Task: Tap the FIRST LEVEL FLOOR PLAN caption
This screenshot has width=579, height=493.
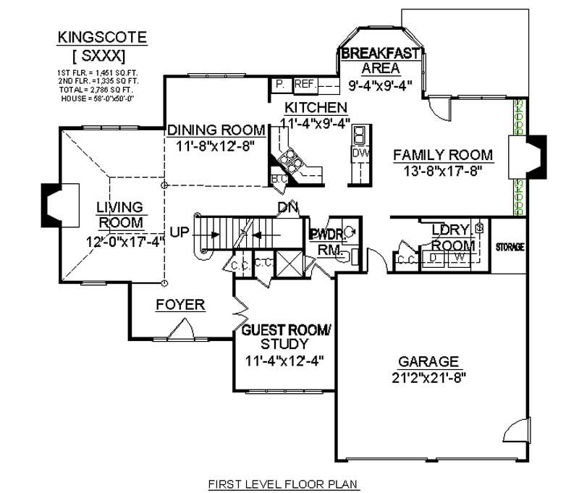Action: (284, 483)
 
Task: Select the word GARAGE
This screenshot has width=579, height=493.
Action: (428, 361)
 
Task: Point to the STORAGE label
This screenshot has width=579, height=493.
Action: (510, 247)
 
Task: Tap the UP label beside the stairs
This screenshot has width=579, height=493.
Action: (179, 232)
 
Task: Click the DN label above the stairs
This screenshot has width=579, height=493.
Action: (287, 208)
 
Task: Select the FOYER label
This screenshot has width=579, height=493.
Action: (180, 305)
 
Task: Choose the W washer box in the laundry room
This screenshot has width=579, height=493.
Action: (458, 256)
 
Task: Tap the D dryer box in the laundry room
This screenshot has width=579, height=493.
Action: (434, 256)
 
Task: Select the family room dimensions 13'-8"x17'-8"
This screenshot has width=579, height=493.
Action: (443, 171)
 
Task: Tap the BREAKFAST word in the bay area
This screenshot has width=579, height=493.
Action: (381, 54)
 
